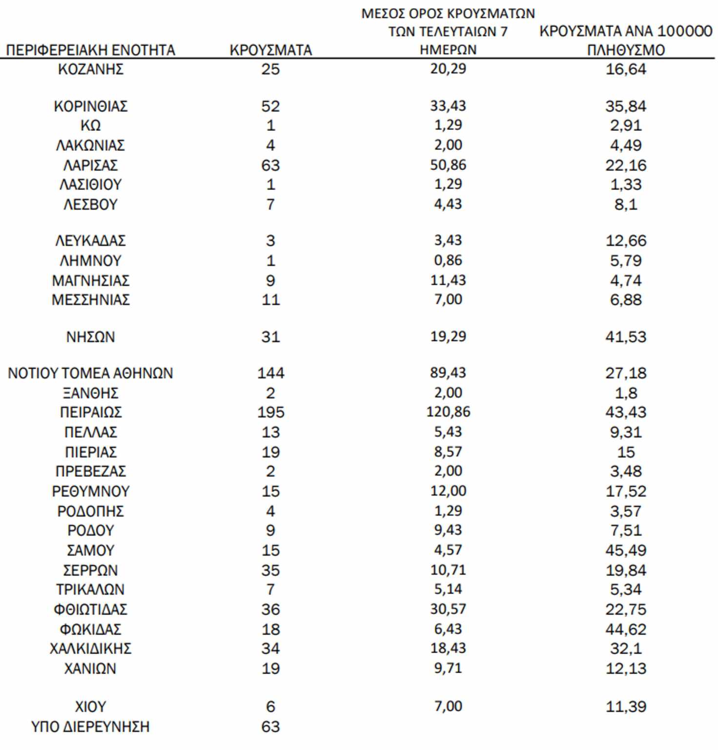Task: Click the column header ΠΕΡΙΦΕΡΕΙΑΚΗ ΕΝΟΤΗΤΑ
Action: pyautogui.click(x=90, y=50)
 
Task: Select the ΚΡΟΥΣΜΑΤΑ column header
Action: pyautogui.click(x=270, y=50)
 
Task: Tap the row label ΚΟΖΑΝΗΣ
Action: pyautogui.click(x=90, y=69)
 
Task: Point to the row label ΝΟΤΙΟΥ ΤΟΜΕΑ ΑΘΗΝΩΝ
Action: pyautogui.click(x=90, y=374)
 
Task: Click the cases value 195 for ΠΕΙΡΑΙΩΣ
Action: pyautogui.click(x=270, y=413)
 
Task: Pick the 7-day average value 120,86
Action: pyautogui.click(x=448, y=412)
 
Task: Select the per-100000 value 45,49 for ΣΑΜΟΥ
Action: pyautogui.click(x=626, y=551)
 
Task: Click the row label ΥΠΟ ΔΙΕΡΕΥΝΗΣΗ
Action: pyautogui.click(x=90, y=727)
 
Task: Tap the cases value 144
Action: pyautogui.click(x=270, y=374)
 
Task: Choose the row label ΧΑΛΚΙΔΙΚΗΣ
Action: pyautogui.click(x=90, y=649)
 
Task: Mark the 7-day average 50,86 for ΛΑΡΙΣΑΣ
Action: pyautogui.click(x=448, y=165)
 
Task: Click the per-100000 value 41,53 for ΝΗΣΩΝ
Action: pyautogui.click(x=626, y=337)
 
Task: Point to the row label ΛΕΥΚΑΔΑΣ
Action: pyautogui.click(x=90, y=241)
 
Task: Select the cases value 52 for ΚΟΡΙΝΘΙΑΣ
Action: pyautogui.click(x=270, y=106)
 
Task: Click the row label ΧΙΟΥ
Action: pyautogui.click(x=90, y=707)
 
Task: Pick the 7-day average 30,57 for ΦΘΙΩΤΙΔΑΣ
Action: pyautogui.click(x=448, y=609)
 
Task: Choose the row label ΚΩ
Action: pyautogui.click(x=90, y=126)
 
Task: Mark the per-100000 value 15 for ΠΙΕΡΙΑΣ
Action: pyautogui.click(x=626, y=452)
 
